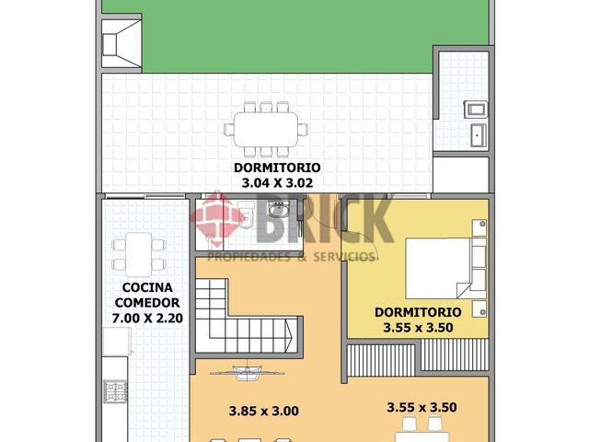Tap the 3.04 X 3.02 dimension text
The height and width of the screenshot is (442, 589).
coord(276,183)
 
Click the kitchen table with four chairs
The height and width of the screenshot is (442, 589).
coord(139,253)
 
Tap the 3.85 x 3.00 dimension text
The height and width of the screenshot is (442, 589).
coord(264,411)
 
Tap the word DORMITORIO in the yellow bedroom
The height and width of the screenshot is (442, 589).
coord(419,311)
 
